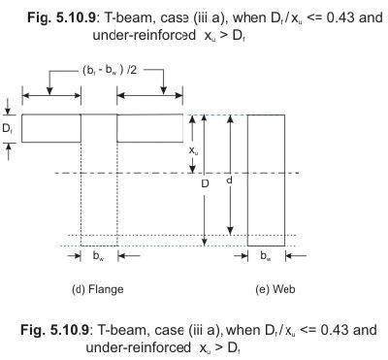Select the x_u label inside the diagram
click(x=194, y=150)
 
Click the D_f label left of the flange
click(x=9, y=127)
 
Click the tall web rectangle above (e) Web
click(x=266, y=180)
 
